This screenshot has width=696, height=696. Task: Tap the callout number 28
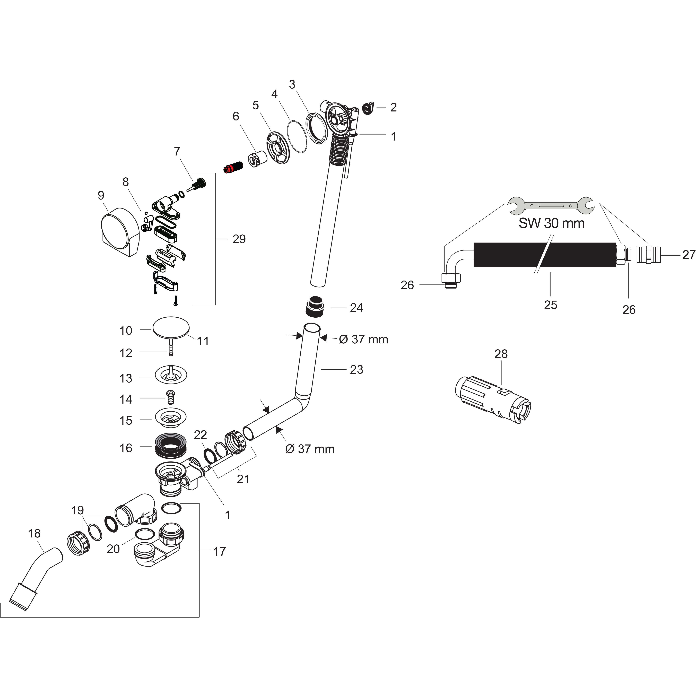pos(501,354)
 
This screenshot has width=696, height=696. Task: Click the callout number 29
pos(239,239)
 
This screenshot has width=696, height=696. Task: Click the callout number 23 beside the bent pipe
pos(356,369)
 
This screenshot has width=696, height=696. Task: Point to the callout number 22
pos(200,435)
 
